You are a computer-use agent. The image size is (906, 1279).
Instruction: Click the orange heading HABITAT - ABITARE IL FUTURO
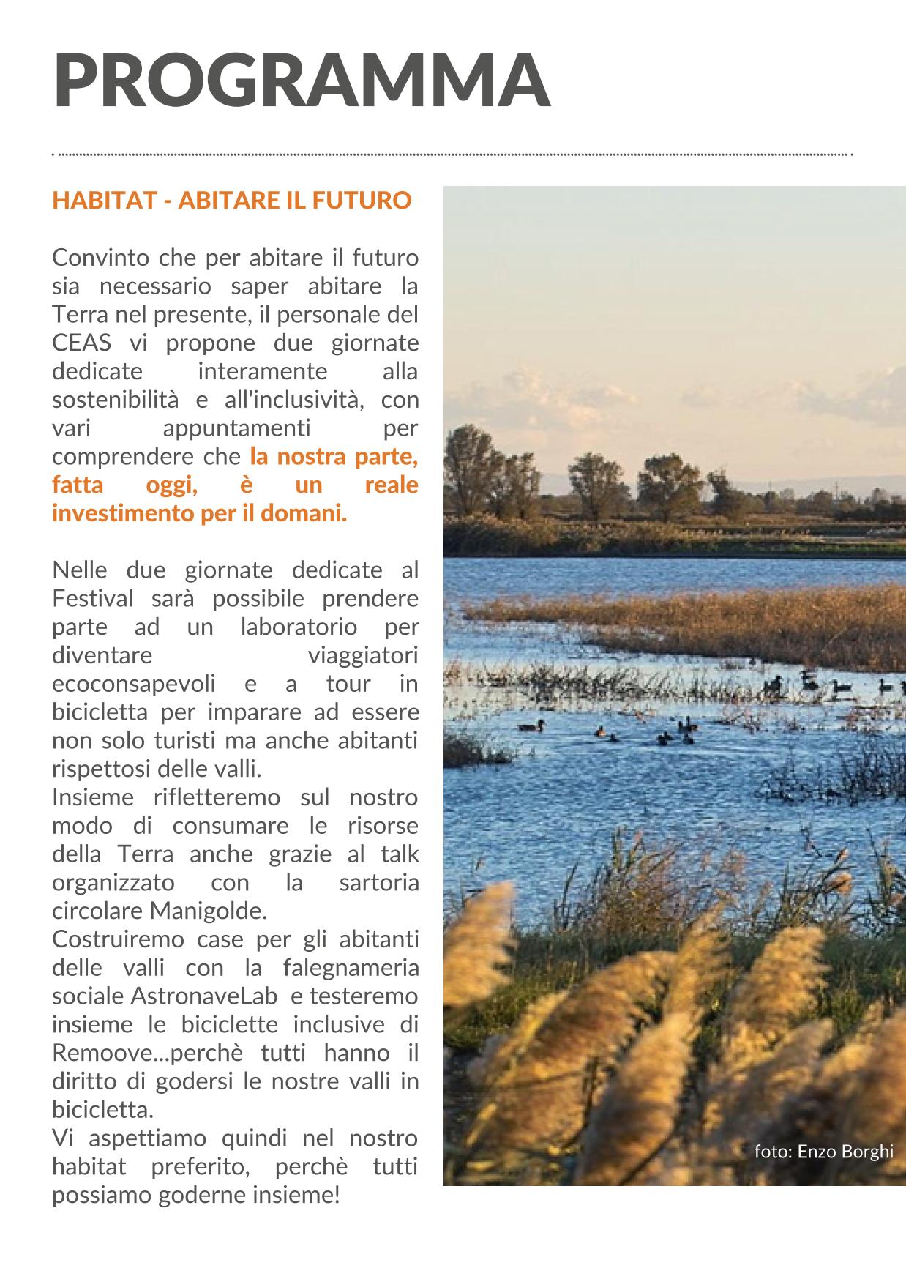[x=231, y=201]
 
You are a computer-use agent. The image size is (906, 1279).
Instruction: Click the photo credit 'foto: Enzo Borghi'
[x=823, y=1152]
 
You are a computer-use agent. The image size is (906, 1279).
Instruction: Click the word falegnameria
[x=351, y=968]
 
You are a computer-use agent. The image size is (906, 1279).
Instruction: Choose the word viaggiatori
[x=363, y=655]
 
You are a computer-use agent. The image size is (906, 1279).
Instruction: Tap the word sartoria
[x=379, y=882]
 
